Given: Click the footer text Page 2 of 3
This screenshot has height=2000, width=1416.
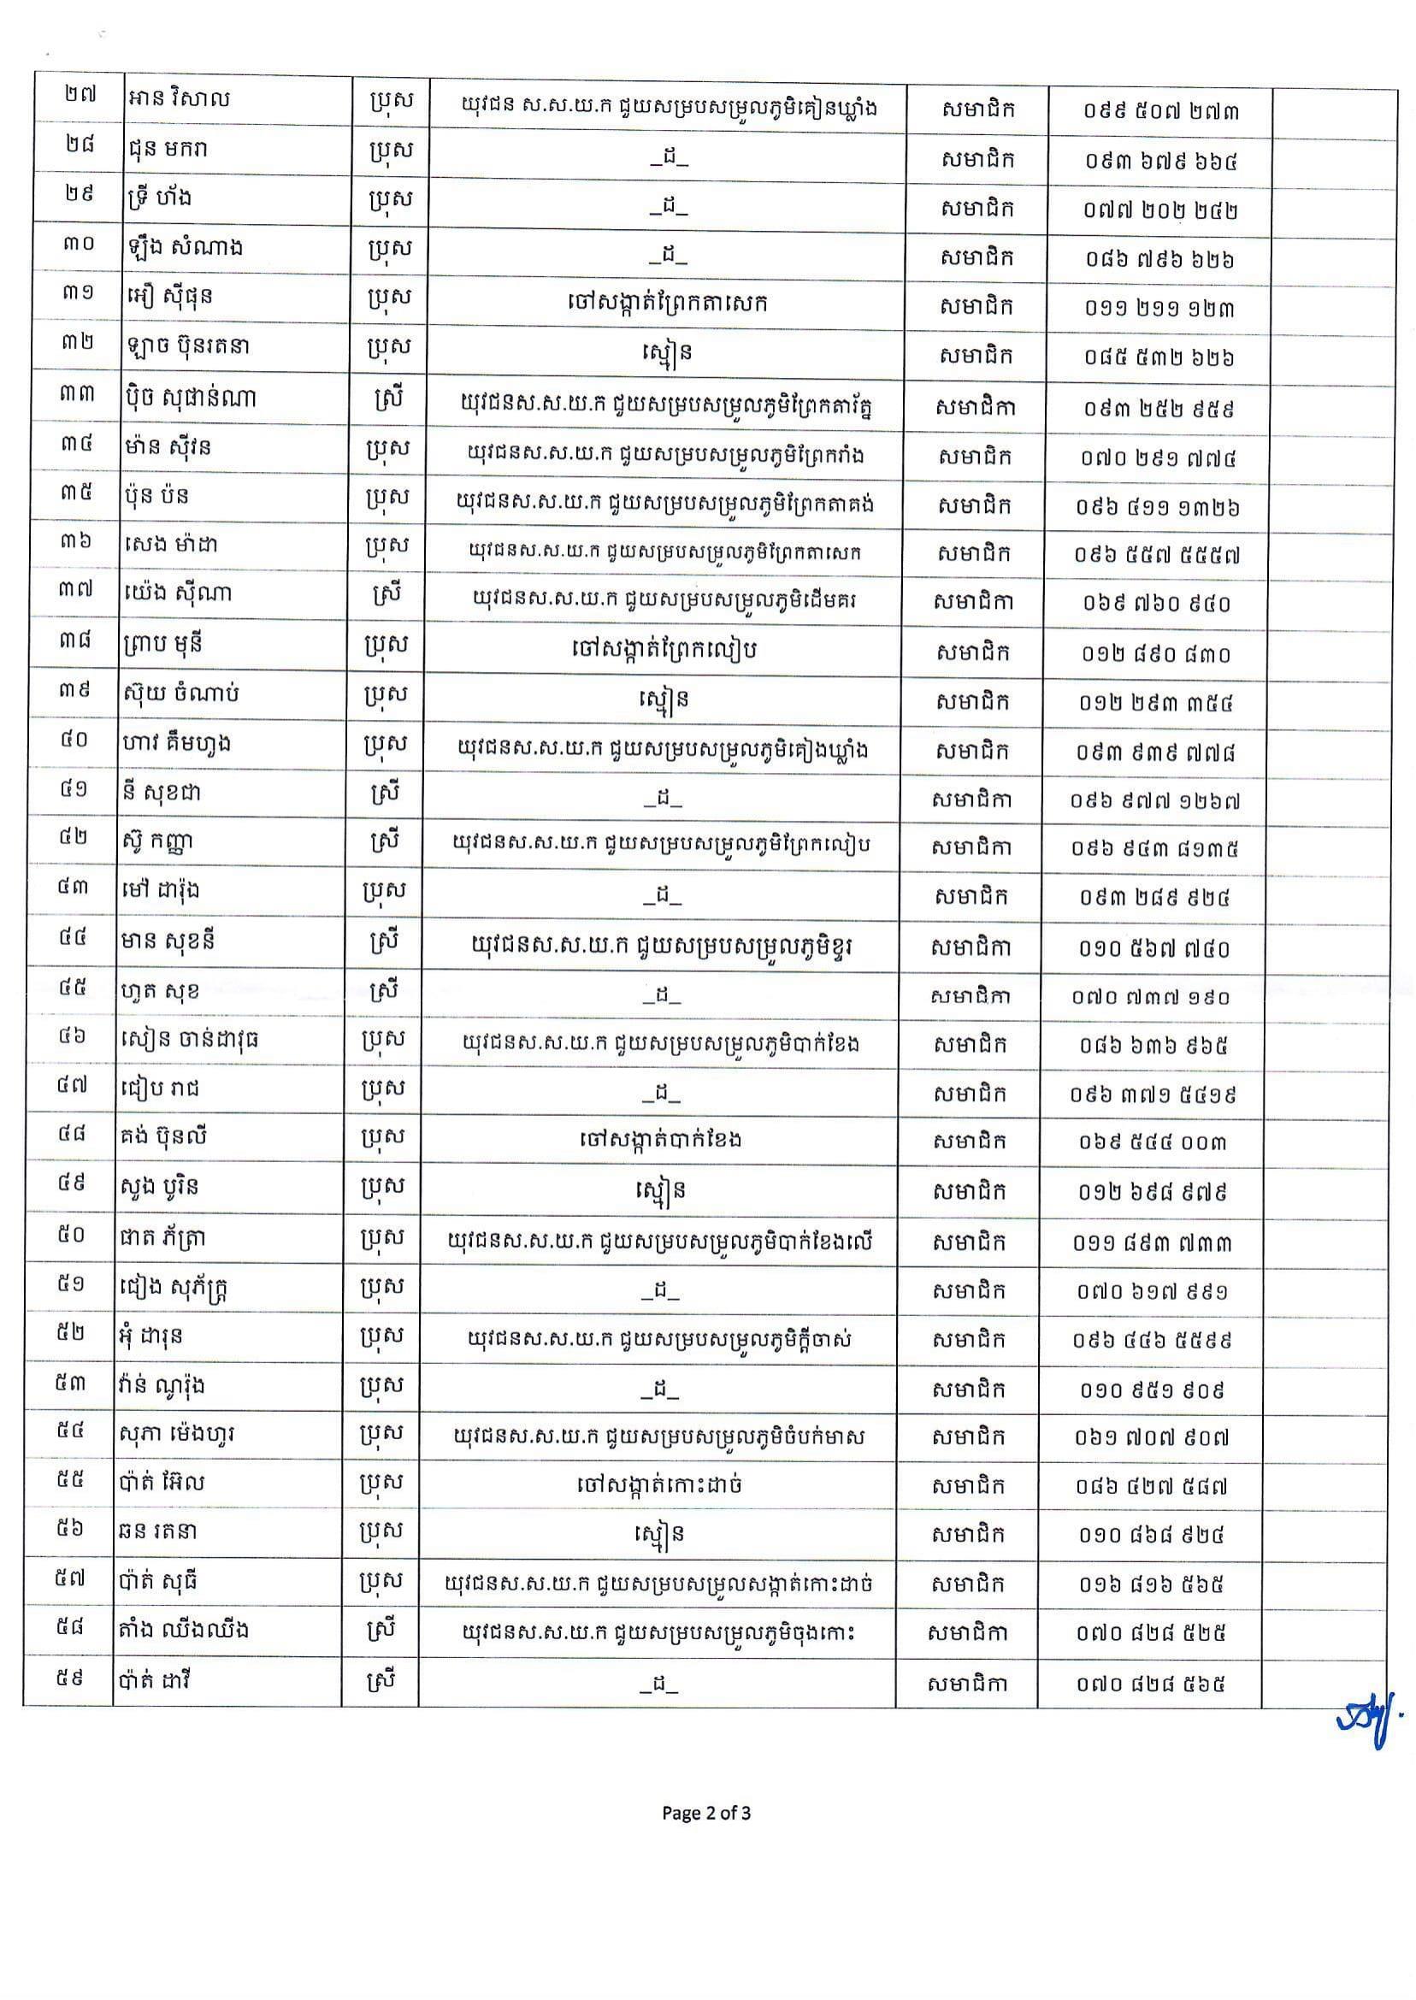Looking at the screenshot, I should [706, 1814].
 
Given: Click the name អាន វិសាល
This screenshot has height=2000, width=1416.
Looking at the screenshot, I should [177, 98].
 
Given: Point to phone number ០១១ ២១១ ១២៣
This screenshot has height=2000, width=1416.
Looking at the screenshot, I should [1159, 309].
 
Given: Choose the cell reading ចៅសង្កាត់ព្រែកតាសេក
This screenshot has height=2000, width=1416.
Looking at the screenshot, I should [664, 304].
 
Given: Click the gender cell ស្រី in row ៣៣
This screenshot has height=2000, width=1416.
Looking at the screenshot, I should [385, 401].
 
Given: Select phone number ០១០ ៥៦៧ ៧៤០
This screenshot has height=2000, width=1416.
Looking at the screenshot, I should [1154, 948].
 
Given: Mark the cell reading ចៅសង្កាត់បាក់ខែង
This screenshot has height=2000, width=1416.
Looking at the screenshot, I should [660, 1140].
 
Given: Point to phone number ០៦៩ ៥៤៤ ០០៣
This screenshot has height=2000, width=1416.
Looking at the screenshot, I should [1153, 1142].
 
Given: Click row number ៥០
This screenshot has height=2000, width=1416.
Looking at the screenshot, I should [73, 1236].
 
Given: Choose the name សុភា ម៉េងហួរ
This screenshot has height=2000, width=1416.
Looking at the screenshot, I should [179, 1435].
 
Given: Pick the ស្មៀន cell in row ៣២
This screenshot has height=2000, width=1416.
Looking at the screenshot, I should [664, 354].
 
